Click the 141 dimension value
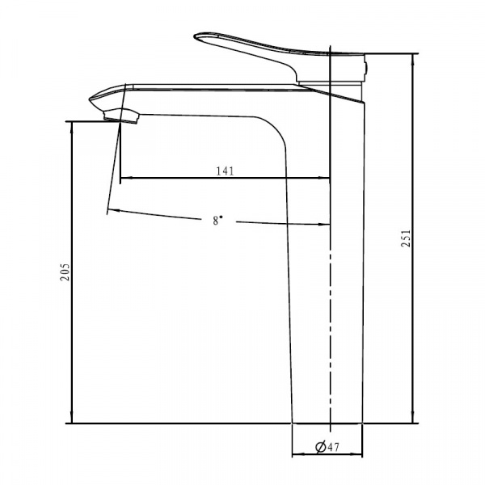(x=225, y=171)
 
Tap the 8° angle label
(x=217, y=220)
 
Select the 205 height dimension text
(x=65, y=272)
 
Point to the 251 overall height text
(x=406, y=238)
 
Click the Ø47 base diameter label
(x=327, y=447)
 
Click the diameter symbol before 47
(x=320, y=447)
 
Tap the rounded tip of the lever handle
(x=196, y=36)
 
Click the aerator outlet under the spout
(x=121, y=116)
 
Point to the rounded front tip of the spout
(x=91, y=99)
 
